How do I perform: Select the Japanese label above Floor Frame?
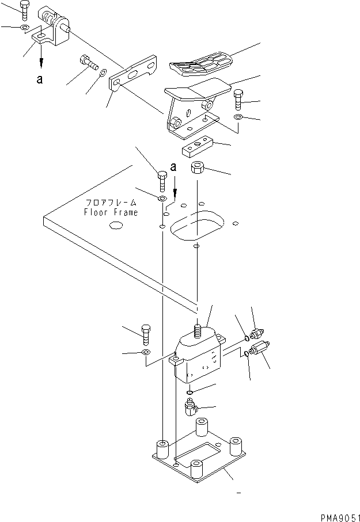pos(112,203)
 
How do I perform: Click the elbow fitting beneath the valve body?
pos(190,408)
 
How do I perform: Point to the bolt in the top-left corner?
pos(24,10)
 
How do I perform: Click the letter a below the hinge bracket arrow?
pos(39,80)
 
